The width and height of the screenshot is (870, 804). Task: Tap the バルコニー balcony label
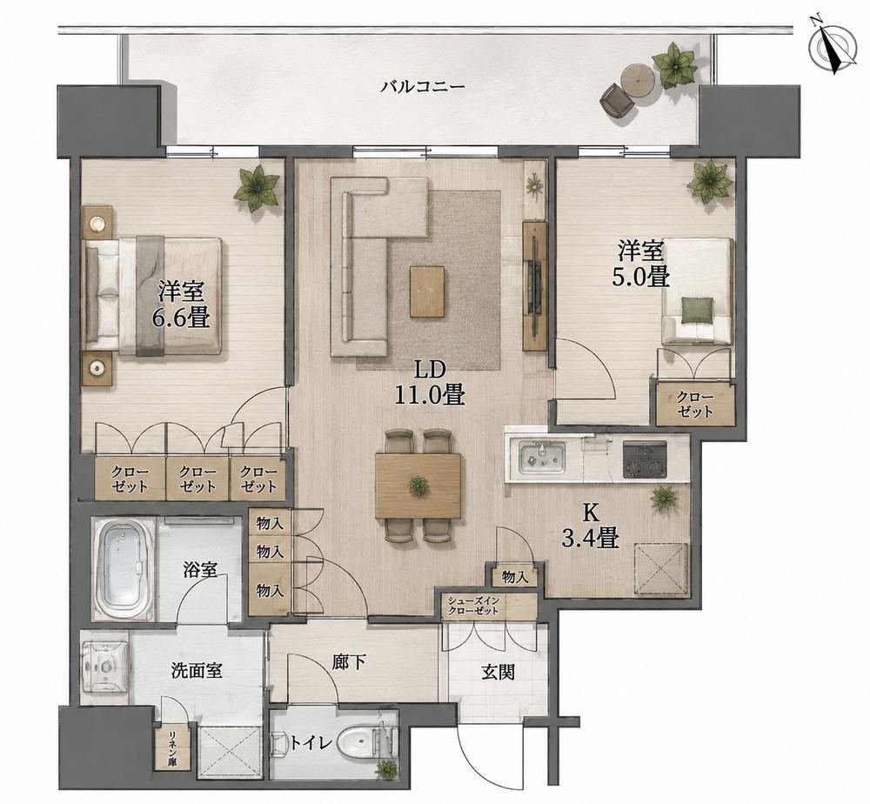click(423, 87)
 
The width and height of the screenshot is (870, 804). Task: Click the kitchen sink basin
click(542, 459)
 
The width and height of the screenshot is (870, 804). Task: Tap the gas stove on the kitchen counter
click(646, 459)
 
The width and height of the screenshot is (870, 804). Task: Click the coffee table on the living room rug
click(427, 291)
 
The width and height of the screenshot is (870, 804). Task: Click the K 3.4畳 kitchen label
click(591, 526)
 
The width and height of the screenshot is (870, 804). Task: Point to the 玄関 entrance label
click(498, 672)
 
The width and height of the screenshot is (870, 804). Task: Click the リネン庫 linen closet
click(173, 747)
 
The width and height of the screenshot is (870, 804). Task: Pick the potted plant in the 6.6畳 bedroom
click(257, 188)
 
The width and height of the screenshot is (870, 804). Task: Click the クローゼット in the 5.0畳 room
click(694, 404)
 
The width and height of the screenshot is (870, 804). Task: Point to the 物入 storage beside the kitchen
click(514, 577)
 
